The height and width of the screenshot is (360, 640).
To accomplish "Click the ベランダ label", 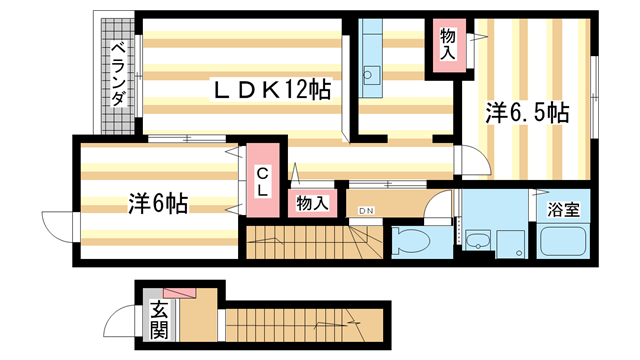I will [x=118, y=76].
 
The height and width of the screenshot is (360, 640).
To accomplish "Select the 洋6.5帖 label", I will [x=527, y=114].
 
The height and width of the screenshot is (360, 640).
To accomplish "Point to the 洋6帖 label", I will [x=159, y=203].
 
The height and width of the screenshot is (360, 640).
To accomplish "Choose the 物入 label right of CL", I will [x=312, y=202].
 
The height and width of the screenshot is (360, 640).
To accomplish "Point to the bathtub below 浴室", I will [x=565, y=242].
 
